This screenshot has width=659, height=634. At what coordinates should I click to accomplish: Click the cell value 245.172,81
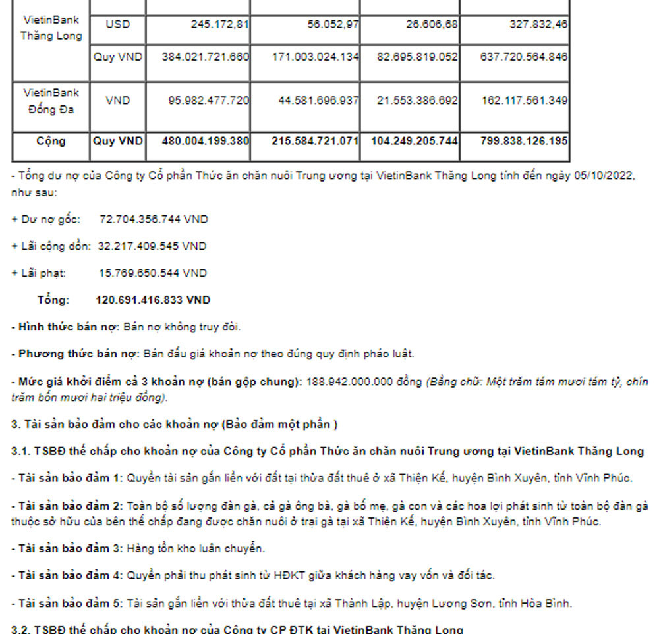tap(206, 24)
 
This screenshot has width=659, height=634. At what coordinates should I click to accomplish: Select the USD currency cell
tap(117, 24)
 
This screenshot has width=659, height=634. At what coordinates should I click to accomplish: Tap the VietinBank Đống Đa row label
tap(51, 101)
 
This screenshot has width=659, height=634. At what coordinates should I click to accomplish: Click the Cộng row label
tap(51, 141)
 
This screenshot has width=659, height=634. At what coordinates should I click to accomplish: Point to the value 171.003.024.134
tap(315, 57)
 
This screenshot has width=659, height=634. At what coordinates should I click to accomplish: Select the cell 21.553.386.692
tap(417, 100)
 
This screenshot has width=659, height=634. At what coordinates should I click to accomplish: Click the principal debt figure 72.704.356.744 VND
tap(153, 219)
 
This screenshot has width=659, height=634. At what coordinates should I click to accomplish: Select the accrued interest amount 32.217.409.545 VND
tap(152, 246)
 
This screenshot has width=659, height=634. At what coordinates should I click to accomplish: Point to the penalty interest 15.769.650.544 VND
tap(152, 273)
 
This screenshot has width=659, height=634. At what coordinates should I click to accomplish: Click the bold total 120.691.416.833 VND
tap(153, 300)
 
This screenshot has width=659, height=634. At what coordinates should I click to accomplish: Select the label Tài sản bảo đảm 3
tap(68, 548)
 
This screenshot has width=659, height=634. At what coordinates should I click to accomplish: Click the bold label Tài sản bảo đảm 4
tap(68, 575)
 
